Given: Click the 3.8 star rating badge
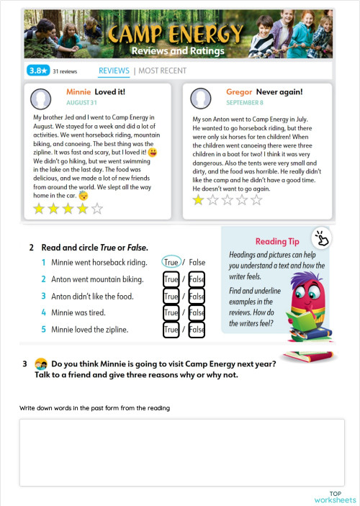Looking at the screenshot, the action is tap(37, 71).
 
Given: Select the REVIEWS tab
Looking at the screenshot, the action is tap(114, 71).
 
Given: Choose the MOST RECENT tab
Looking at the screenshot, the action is tap(162, 71).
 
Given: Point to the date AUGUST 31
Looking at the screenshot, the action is tap(83, 103).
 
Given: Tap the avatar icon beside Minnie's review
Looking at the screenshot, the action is tap(43, 99).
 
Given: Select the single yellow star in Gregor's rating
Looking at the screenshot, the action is tap(199, 200).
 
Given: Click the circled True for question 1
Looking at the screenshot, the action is tap(171, 263).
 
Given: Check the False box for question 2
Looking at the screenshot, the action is tap(197, 279).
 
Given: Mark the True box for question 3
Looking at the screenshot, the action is tap(171, 296).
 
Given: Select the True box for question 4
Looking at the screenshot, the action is tap(171, 313).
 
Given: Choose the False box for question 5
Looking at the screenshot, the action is tap(197, 330).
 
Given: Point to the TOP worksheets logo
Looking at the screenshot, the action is tap(335, 497).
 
